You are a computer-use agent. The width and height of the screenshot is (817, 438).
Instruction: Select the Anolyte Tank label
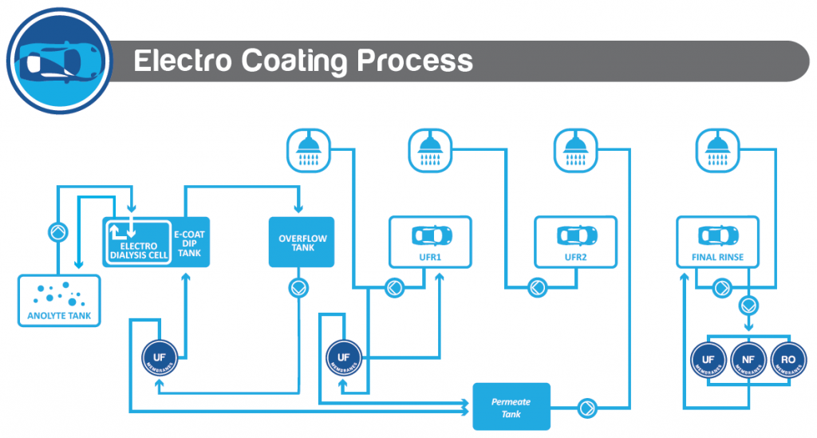click(60, 316)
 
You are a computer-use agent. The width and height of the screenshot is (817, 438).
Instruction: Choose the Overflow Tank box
click(302, 242)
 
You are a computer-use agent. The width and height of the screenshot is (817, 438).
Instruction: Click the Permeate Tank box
click(511, 407)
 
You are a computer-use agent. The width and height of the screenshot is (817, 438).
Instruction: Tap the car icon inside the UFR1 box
click(431, 236)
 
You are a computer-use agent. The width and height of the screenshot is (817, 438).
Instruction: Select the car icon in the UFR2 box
click(576, 236)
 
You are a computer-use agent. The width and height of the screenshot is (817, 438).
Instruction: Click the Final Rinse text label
click(712, 258)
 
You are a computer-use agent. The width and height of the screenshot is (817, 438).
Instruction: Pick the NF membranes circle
click(748, 360)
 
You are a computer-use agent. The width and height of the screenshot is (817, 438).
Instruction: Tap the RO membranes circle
click(789, 360)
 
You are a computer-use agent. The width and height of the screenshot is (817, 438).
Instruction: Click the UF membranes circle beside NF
click(708, 360)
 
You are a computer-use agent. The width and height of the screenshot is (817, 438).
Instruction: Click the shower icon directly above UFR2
click(576, 150)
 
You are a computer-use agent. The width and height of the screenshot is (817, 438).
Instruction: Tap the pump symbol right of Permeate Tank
click(588, 408)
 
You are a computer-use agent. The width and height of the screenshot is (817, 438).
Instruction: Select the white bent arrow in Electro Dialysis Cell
click(121, 230)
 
